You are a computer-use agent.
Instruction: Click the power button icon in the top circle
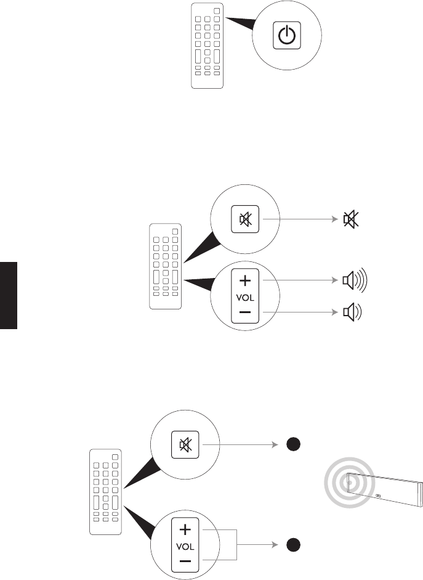tap(286, 37)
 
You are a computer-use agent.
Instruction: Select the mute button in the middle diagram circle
tap(244, 219)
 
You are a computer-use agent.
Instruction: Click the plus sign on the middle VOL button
tap(244, 281)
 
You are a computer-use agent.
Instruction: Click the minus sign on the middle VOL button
tap(244, 313)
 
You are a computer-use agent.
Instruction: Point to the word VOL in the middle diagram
tap(244, 297)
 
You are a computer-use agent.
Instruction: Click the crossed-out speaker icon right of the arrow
tap(350, 219)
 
